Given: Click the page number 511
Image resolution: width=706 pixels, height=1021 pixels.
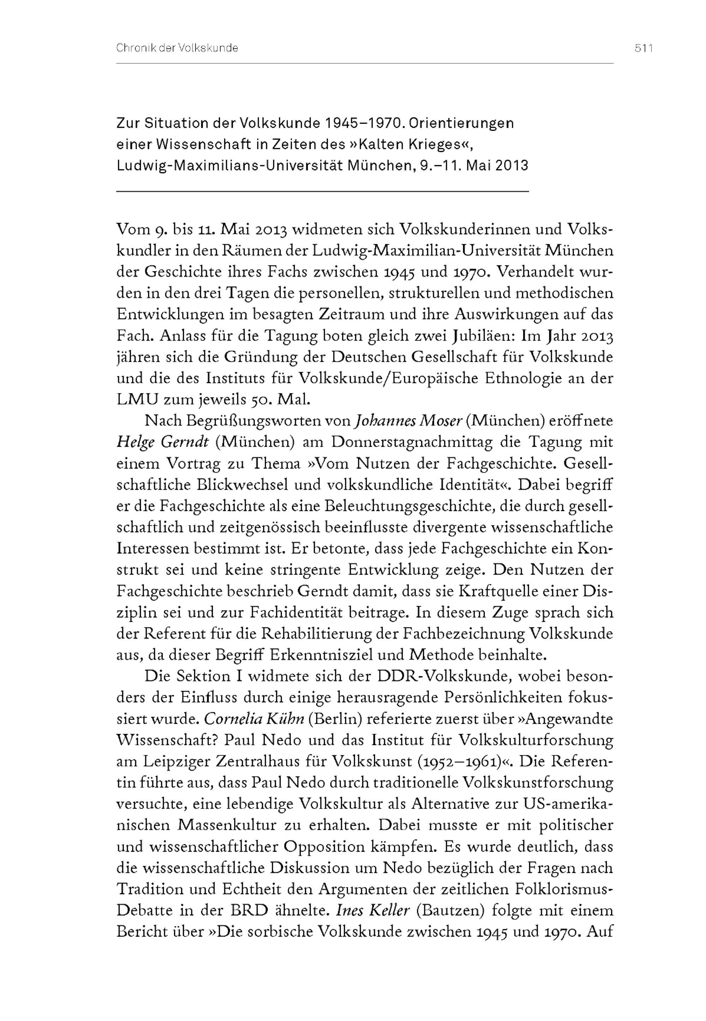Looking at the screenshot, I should pyautogui.click(x=644, y=48).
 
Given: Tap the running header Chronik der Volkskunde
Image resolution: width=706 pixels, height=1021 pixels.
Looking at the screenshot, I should pyautogui.click(x=177, y=48).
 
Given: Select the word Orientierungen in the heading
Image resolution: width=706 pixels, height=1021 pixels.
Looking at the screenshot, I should pyautogui.click(x=461, y=123).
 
